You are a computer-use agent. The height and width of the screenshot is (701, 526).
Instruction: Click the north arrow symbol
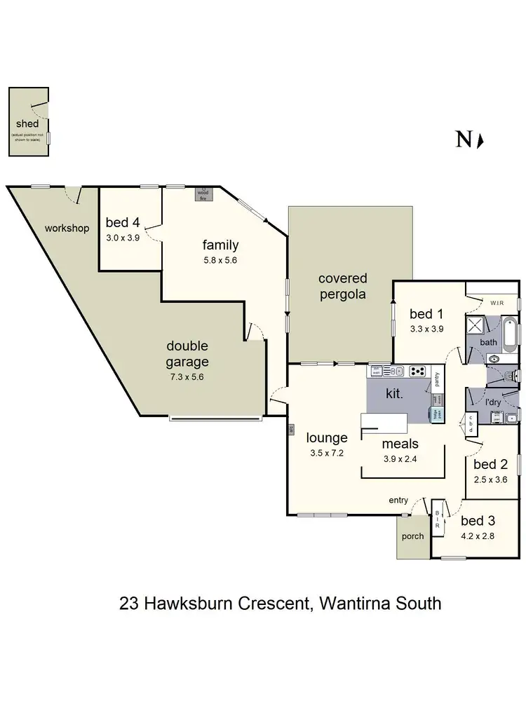click(480, 140)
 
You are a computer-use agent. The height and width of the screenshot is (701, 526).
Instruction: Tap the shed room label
click(27, 124)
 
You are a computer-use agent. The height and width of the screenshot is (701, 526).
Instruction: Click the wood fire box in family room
click(203, 193)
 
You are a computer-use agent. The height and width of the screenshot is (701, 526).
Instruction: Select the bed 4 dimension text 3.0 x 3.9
click(123, 237)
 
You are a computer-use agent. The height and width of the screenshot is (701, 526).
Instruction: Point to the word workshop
click(67, 228)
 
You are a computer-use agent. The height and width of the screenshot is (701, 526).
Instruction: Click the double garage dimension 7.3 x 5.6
click(187, 376)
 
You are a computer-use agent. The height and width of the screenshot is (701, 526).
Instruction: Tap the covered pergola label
click(342, 286)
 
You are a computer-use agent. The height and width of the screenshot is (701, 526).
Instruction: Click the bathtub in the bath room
click(508, 337)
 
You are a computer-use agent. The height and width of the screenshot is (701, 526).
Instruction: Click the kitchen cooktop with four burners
click(418, 371)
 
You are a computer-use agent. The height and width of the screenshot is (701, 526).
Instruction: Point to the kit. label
click(395, 394)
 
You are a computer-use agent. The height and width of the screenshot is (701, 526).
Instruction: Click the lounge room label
click(327, 438)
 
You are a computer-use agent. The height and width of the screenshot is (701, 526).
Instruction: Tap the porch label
click(412, 538)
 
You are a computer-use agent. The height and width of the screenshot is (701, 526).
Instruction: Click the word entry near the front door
click(398, 500)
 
